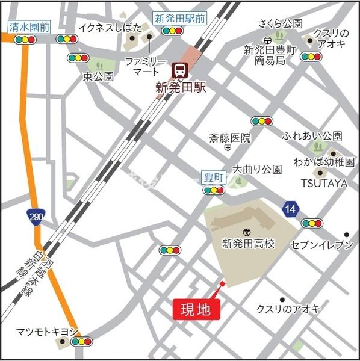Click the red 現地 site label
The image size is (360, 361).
pyautogui.click(x=196, y=310)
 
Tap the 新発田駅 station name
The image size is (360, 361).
pyautogui.click(x=181, y=87)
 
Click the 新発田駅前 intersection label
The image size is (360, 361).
pyautogui.click(x=179, y=18)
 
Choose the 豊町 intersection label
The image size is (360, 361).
pyautogui.click(x=213, y=177)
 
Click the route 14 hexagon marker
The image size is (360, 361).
pyautogui.click(x=291, y=209)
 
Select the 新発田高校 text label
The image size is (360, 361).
pyautogui.click(x=247, y=244)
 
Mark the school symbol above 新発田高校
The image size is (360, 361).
pyautogui.click(x=246, y=232)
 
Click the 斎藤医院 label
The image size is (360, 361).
pyautogui.click(x=229, y=138)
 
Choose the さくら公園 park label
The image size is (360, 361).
pyautogui.click(x=280, y=24)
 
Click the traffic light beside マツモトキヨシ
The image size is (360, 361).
pyautogui.click(x=81, y=342)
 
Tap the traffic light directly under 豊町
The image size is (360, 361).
pyautogui.click(x=214, y=190)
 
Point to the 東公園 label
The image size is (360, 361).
pyautogui.click(x=98, y=76)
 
